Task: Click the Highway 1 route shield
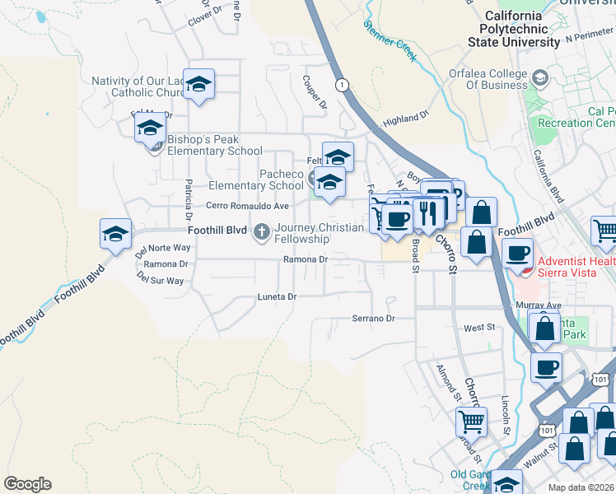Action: pos(341,84)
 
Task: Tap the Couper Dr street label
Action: pos(315,93)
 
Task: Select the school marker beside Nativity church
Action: pos(198,84)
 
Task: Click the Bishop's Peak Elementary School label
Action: pos(214,146)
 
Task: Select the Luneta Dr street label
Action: pos(276,296)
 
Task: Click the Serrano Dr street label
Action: pos(374,318)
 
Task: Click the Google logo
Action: pos(27,484)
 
